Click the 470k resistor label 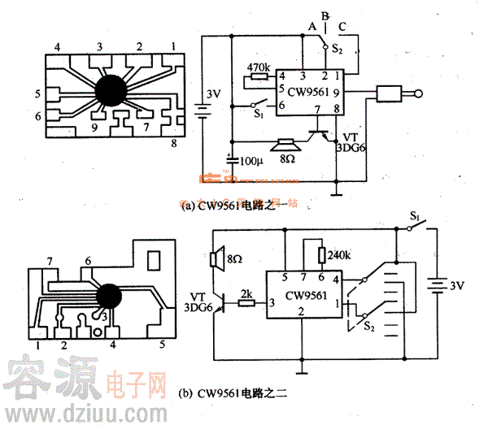258,65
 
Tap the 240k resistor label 341,254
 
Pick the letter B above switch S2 325,15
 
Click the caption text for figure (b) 232,395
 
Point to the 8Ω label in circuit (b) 236,258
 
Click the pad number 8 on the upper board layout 173,145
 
